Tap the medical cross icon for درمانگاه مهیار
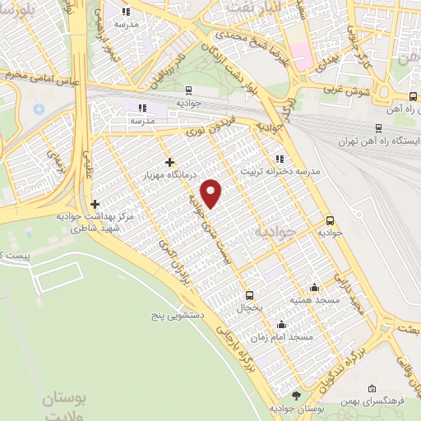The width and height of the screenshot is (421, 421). coord(170,162)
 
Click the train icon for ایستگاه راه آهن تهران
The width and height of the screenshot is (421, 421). coord(378,127)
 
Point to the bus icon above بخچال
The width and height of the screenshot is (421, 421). coord(249,295)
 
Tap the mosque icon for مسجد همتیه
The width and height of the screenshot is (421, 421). coord(314,287)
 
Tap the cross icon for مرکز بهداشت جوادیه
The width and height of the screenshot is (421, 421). coord(95,205)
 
